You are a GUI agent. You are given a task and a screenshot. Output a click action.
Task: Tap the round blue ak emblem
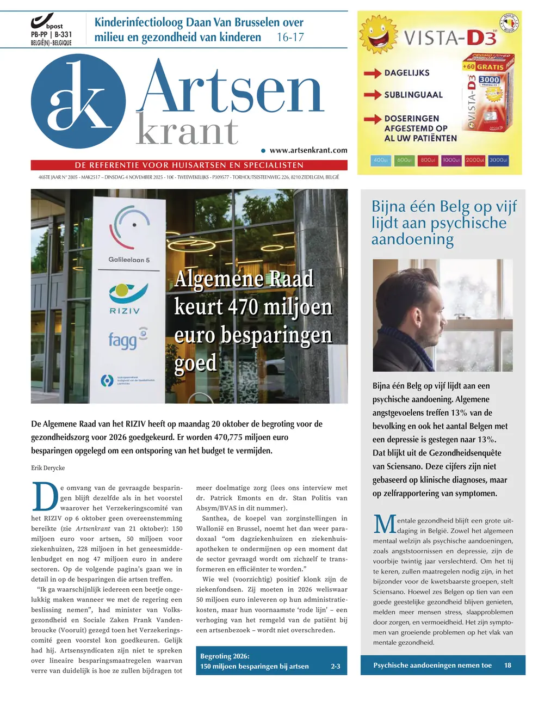click(x=78, y=101)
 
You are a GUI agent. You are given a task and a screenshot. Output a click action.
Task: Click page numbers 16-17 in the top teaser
click(x=290, y=38)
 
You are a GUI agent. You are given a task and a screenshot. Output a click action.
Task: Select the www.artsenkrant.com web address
click(x=308, y=150)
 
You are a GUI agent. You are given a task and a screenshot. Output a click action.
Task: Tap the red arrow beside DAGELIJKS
click(x=373, y=73)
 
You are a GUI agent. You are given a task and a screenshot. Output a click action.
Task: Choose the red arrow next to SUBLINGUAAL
click(x=373, y=95)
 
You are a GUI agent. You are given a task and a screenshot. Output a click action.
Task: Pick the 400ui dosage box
click(x=381, y=160)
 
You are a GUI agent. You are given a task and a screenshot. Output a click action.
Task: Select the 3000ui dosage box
click(x=498, y=160)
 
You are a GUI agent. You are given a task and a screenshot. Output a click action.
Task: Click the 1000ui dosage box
click(x=450, y=160)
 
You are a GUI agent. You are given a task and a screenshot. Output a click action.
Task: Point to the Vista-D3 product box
click(x=487, y=95)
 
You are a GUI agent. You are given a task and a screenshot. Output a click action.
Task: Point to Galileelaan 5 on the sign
click(x=129, y=260)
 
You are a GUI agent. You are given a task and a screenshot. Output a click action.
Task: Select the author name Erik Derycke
click(x=48, y=468)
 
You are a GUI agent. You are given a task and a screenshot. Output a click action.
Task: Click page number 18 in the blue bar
click(x=508, y=665)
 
